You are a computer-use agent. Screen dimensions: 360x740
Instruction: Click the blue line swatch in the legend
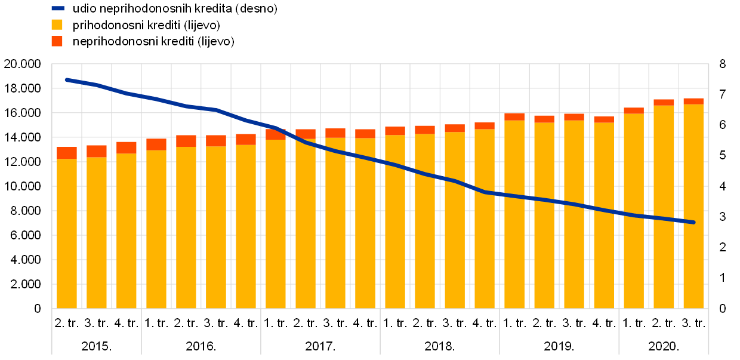58,8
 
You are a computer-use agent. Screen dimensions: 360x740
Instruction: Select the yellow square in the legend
57,24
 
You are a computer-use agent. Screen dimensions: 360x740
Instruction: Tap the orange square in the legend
57,41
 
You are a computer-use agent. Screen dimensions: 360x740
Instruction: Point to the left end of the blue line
67,79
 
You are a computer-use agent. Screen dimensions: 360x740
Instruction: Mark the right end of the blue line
693,222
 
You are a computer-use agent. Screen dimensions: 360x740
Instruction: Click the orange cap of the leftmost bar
67,153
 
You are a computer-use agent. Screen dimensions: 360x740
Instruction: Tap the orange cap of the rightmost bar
693,101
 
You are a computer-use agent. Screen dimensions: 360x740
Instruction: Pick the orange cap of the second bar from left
97,151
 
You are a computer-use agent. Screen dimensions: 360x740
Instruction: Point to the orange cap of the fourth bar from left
156,144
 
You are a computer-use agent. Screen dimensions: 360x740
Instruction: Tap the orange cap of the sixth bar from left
216,140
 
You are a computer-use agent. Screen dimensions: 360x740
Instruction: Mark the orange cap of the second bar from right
664,102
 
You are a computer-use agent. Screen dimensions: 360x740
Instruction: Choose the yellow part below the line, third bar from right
634,263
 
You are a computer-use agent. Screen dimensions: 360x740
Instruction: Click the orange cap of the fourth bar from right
604,119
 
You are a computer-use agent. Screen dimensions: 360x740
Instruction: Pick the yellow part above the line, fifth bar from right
574,161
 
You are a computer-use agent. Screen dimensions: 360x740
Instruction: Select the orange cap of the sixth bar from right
544,119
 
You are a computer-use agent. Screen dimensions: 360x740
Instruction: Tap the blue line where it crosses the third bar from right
634,215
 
